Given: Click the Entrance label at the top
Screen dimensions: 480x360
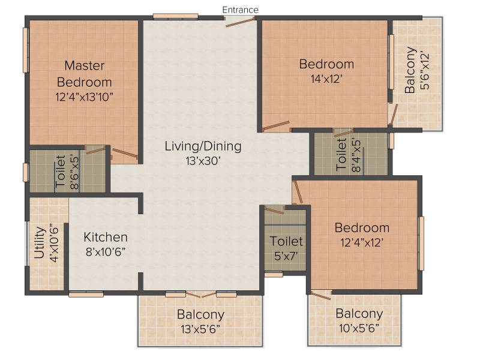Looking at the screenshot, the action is click(241, 10).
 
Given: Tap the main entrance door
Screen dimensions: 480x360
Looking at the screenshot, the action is click(241, 22).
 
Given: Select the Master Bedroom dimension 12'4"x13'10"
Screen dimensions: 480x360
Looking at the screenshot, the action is click(84, 97).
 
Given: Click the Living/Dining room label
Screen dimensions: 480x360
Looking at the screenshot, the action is click(203, 146).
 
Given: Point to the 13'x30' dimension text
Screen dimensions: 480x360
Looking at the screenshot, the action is click(203, 161).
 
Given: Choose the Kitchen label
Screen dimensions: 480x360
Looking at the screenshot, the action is click(106, 237).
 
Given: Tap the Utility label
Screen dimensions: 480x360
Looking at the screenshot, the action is click(40, 242).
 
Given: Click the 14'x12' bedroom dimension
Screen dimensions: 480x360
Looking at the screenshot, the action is click(326, 79).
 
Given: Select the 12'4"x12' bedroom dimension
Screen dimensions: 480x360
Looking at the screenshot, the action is click(362, 242).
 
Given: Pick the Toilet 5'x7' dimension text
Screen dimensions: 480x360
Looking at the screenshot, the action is click(286, 256).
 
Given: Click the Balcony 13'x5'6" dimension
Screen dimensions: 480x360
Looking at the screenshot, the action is click(200, 329).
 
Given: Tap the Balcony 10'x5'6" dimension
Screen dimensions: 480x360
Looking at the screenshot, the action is click(359, 328).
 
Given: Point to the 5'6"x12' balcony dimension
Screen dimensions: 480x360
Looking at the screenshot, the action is click(425, 71).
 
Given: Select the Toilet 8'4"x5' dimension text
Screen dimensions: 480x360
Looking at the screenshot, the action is click(356, 156).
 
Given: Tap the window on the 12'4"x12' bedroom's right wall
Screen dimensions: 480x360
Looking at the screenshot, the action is click(421, 244).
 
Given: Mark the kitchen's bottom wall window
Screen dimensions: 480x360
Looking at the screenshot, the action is click(86, 295).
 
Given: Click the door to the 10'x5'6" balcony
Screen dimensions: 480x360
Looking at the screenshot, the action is click(320, 295).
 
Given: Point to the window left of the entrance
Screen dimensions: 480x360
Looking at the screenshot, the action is click(176, 16).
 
